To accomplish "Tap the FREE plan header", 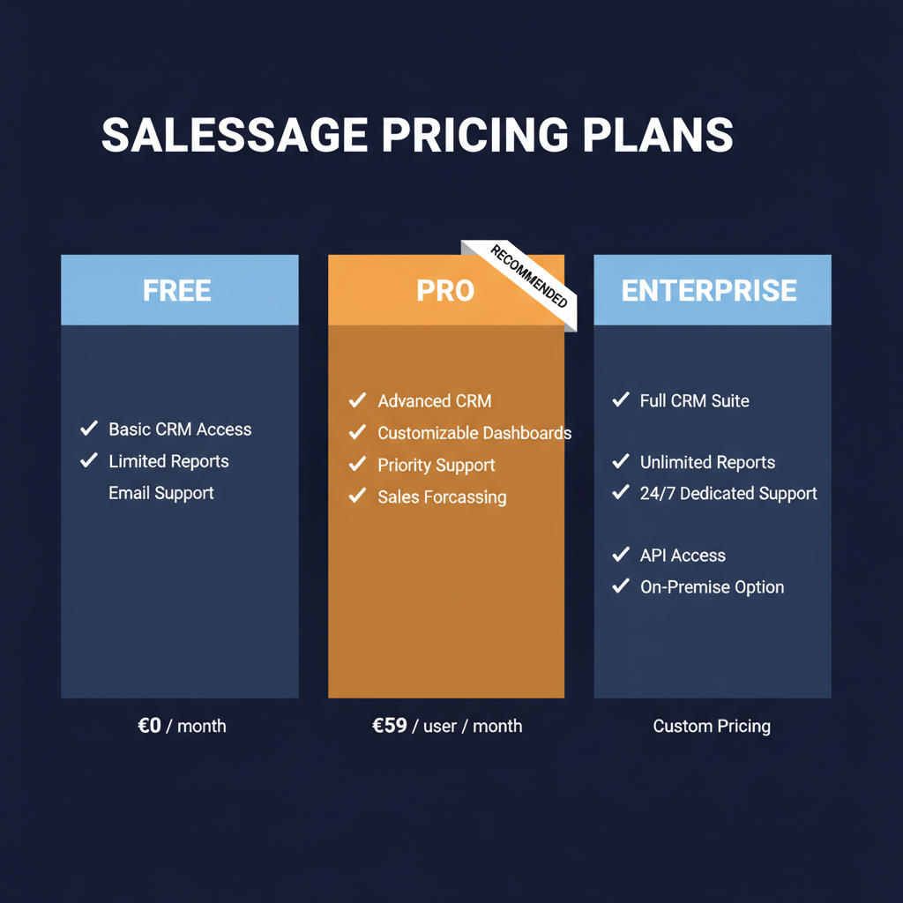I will click(x=177, y=291).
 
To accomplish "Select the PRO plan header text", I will click(x=445, y=291).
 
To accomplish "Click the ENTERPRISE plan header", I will click(x=709, y=291).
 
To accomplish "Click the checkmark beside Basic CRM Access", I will click(x=89, y=429).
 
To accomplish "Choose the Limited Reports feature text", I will click(x=168, y=461).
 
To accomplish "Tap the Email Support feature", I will click(x=161, y=493).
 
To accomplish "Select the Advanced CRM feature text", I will click(x=435, y=401).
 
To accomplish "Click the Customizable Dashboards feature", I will click(x=474, y=433).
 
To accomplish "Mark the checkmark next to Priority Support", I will click(x=357, y=464).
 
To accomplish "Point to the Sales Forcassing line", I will click(x=442, y=496).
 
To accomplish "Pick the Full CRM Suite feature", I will click(x=694, y=401).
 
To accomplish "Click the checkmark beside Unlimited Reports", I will click(x=621, y=461).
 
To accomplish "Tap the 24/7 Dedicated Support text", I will click(x=728, y=494).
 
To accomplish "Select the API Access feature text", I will click(x=683, y=556).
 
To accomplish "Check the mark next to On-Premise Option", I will click(x=621, y=586).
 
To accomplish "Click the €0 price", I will click(x=150, y=726).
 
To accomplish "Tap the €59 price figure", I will click(x=390, y=726).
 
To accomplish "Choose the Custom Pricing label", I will click(x=712, y=727).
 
